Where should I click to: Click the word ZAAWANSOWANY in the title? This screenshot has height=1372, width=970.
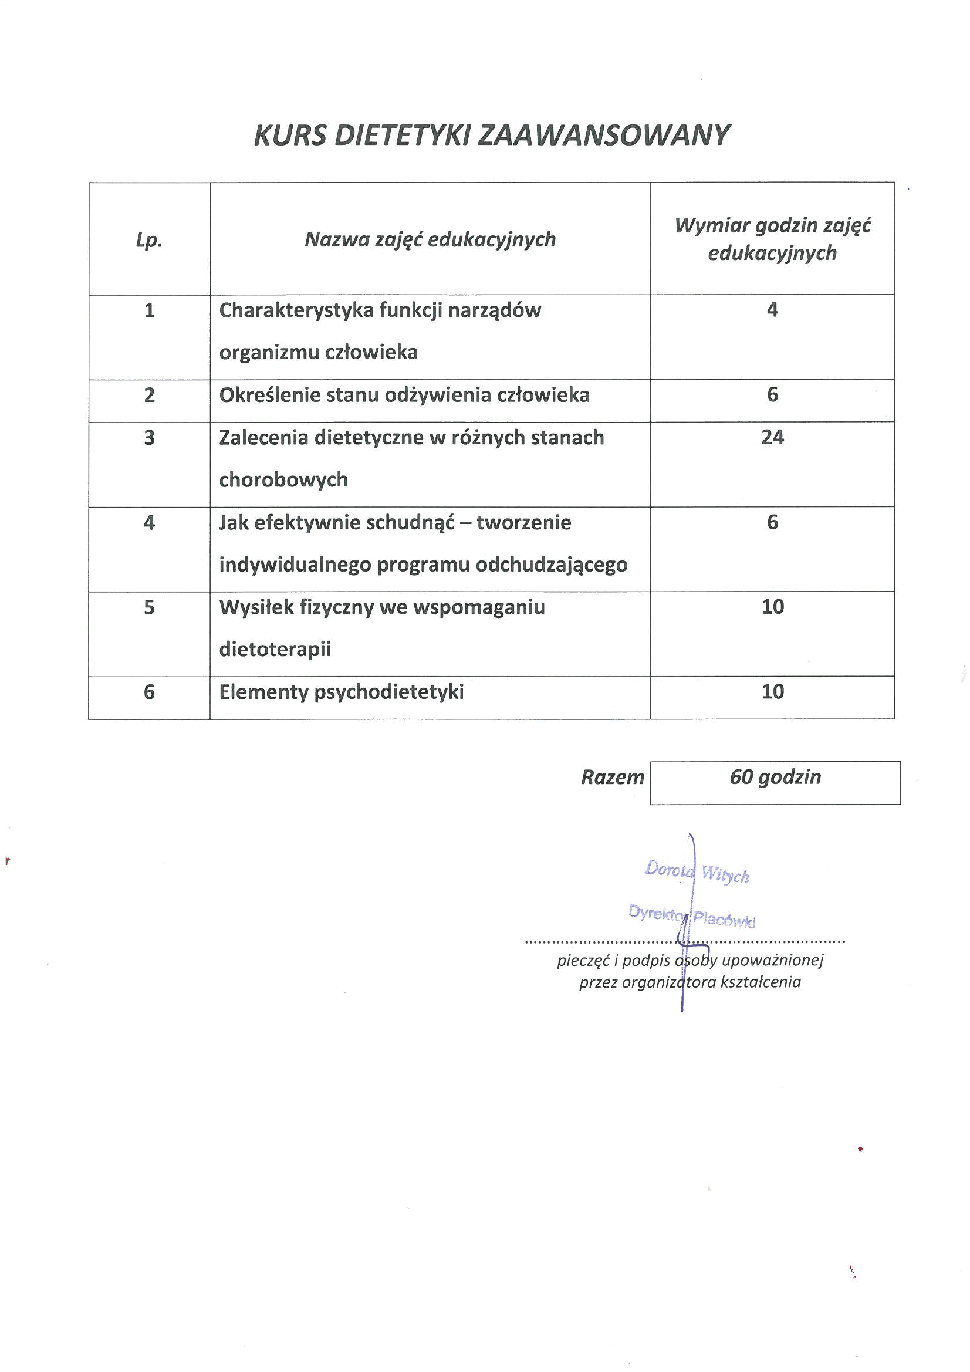tap(604, 136)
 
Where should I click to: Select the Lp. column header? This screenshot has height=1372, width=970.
tap(149, 240)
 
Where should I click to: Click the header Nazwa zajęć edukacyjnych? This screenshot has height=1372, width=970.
tap(430, 239)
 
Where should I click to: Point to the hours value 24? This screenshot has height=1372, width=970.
tap(772, 437)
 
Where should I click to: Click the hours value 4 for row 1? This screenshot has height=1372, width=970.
tap(772, 309)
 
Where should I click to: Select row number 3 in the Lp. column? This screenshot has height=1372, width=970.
tap(150, 438)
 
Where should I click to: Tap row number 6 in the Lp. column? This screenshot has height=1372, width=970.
tap(150, 692)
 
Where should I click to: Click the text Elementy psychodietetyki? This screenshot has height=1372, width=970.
tap(342, 692)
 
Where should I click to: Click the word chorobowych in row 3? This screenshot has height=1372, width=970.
tap(283, 480)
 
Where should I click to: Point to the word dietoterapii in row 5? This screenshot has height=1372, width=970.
tap(275, 650)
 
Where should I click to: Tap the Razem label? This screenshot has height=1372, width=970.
tap(613, 778)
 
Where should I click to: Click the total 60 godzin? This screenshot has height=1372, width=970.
tap(775, 777)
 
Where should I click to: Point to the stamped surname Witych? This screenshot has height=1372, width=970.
tap(725, 876)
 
